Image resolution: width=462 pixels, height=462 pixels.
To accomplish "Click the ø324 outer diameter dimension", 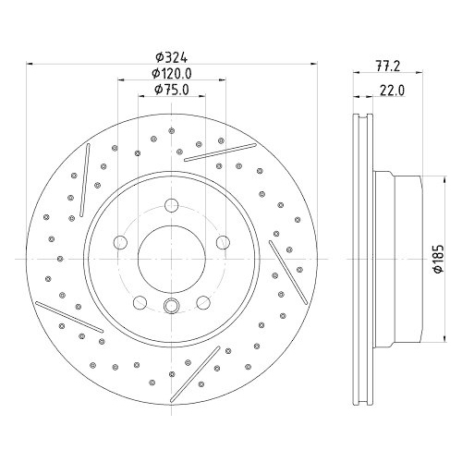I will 171,56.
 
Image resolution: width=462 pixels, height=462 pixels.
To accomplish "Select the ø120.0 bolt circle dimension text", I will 172,73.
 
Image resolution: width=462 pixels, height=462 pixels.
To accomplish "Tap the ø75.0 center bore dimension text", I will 171,90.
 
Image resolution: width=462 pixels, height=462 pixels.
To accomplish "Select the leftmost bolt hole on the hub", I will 120,243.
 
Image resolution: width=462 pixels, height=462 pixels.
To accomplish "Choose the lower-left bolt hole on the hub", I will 140,302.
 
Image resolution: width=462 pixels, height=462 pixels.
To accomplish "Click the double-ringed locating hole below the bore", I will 172,308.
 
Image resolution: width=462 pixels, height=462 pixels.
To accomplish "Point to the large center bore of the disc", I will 172,260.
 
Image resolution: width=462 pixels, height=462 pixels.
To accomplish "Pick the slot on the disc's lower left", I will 65,313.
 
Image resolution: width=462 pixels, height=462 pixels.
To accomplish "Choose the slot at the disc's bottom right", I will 205,368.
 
